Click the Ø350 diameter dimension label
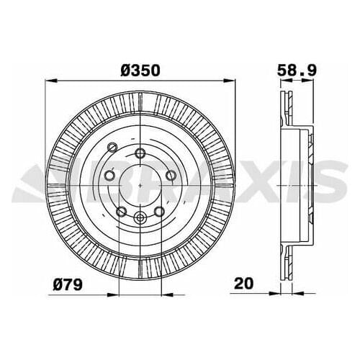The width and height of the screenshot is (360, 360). click(x=140, y=71)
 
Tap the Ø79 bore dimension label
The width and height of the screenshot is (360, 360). click(x=68, y=285)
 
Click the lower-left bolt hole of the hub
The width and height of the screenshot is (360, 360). click(x=122, y=211)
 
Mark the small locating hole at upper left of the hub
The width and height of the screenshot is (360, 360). click(x=112, y=147)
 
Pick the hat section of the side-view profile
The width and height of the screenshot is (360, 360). click(x=306, y=183)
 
